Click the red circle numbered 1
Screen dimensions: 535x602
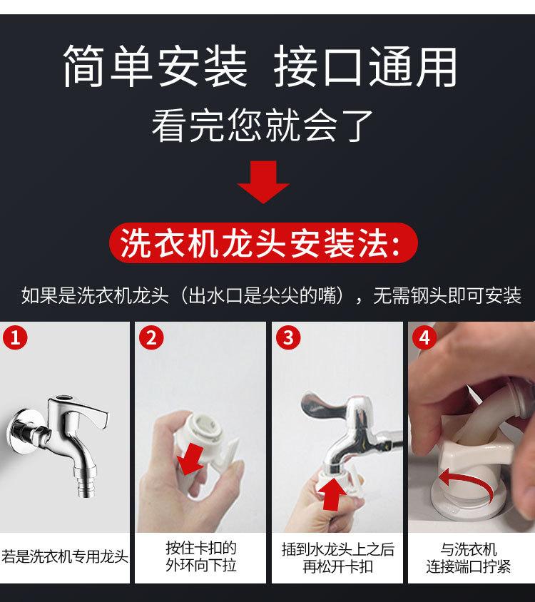click(x=16, y=337)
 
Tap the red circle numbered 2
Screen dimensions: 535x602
click(x=151, y=337)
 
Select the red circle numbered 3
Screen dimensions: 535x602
click(x=288, y=337)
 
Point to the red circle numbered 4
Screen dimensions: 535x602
click(x=424, y=337)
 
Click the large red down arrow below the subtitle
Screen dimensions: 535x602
click(x=263, y=182)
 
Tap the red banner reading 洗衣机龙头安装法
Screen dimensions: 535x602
click(x=263, y=243)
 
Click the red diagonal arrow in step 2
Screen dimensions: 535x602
click(x=191, y=459)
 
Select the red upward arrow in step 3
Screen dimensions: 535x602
click(x=332, y=494)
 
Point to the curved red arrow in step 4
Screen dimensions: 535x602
click(x=465, y=481)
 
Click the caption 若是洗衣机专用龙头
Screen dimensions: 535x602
click(x=64, y=556)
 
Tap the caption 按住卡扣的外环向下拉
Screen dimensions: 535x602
click(x=201, y=556)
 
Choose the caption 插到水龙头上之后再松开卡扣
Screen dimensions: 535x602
click(x=337, y=558)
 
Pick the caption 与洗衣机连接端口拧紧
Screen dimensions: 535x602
click(x=469, y=558)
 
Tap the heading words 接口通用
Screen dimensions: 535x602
click(x=365, y=66)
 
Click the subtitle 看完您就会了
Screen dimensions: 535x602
click(x=263, y=125)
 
